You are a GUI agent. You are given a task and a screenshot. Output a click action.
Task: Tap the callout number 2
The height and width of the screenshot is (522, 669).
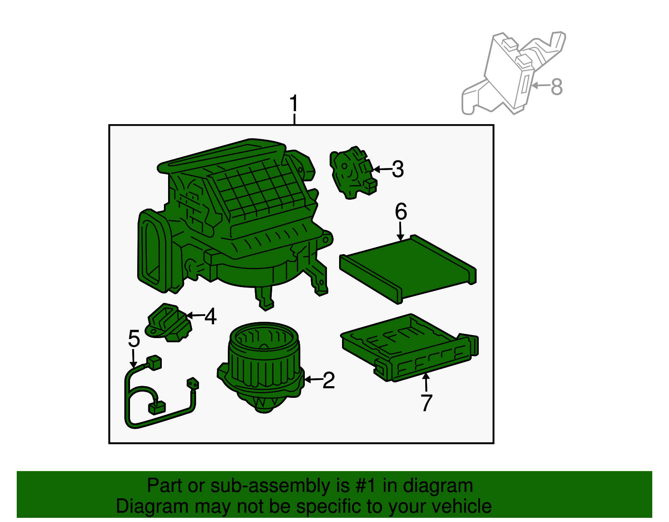click(x=329, y=380)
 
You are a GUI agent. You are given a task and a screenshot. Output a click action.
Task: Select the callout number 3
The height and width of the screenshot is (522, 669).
click(x=398, y=169)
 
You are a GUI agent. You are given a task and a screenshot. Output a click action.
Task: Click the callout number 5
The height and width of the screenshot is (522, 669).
click(x=134, y=338)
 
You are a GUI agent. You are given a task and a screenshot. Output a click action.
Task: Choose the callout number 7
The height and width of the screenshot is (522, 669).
click(x=426, y=402)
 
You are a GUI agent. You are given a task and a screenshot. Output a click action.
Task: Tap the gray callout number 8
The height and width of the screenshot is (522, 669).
click(x=557, y=87)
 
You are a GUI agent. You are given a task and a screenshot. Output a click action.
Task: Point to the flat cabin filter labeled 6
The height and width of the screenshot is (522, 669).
click(x=408, y=267)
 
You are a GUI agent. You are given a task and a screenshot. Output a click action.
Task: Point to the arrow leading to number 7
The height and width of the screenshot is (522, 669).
click(x=426, y=382)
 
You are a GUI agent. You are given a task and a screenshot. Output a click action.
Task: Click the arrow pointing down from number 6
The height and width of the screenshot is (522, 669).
click(x=401, y=232)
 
